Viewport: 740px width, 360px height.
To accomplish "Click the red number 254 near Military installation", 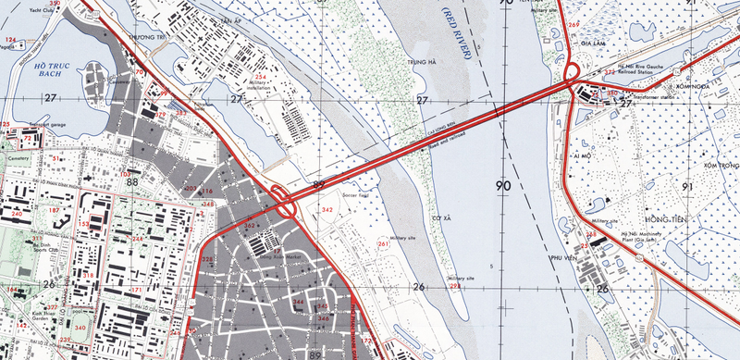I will tap(261, 77).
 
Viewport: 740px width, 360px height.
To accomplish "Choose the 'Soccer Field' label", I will tap(356, 195).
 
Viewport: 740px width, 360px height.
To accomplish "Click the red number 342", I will tap(327, 210).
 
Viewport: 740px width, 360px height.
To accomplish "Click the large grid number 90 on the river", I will tap(503, 186).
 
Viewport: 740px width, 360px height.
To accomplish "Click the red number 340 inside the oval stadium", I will tap(80, 328).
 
